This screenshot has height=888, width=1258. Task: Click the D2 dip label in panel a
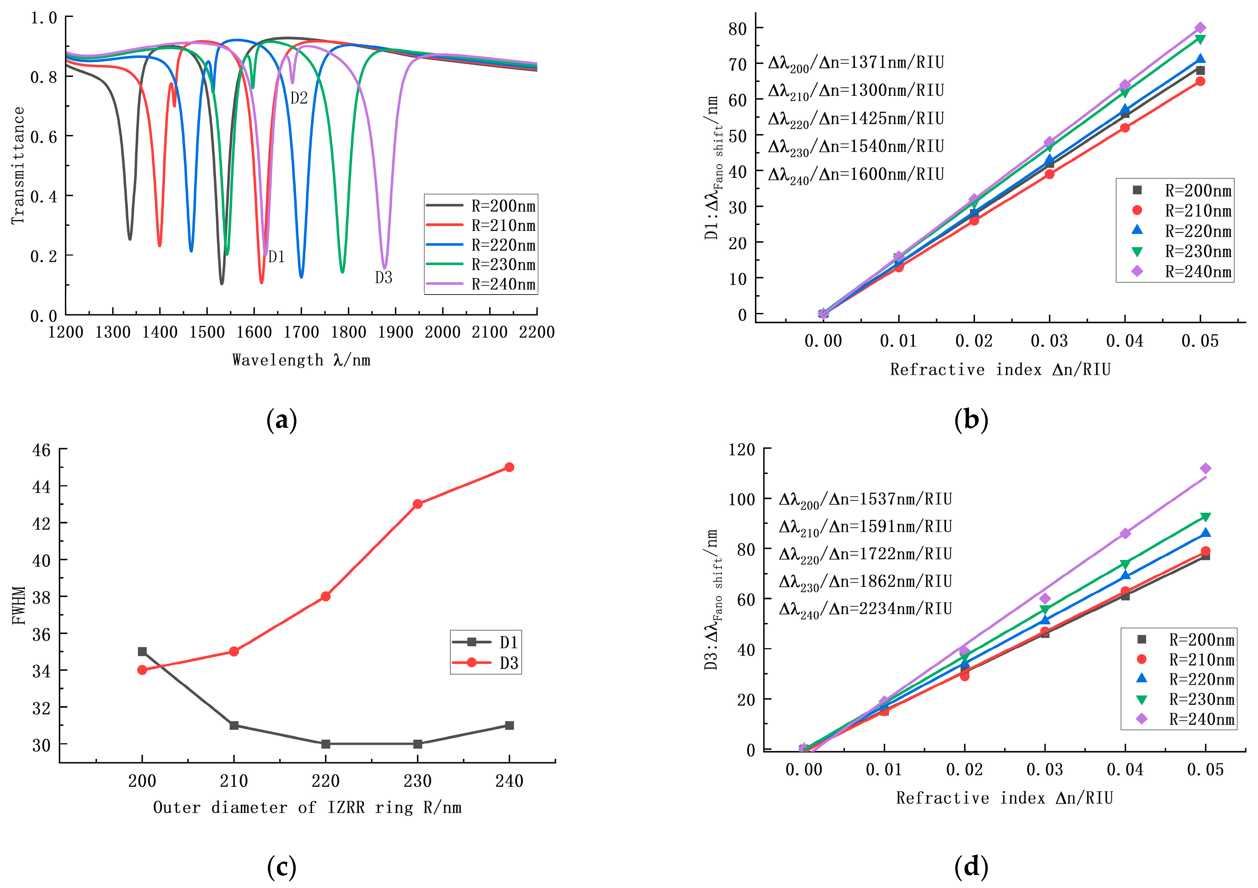299,98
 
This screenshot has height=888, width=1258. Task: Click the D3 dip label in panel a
384,278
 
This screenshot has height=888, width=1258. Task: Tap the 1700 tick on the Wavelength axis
301,332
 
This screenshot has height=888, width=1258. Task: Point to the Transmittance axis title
18,166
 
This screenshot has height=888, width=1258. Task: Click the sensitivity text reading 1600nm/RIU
856,175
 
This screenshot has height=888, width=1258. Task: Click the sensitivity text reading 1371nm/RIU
856,63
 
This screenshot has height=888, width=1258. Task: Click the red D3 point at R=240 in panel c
509,467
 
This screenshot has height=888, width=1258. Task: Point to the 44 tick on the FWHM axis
41,487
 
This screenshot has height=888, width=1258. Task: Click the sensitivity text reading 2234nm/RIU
865,609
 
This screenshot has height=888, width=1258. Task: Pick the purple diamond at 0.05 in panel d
1205,468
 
